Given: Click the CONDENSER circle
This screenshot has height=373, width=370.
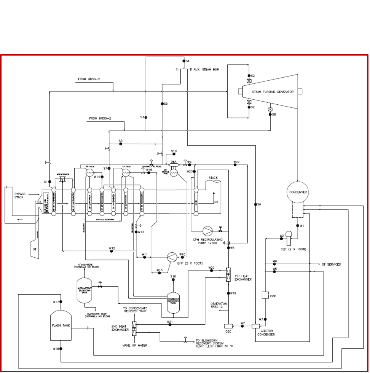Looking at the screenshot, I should click(x=298, y=192).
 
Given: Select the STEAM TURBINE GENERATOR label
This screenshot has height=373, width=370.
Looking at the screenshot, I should click(x=273, y=92).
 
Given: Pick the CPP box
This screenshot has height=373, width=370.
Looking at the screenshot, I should click(x=265, y=295).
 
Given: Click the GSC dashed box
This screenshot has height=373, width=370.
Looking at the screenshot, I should click(x=228, y=326).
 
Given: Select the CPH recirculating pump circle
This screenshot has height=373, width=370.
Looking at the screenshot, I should click(x=207, y=230).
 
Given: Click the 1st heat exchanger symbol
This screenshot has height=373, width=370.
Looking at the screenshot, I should click(x=228, y=274).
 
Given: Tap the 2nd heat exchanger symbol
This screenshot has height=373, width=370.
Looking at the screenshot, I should click(x=134, y=328).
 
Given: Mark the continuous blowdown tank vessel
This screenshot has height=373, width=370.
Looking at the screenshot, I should click(x=173, y=302).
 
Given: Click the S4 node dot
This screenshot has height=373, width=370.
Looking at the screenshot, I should click(x=183, y=61).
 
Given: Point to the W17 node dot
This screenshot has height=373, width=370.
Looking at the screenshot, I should click(x=61, y=302).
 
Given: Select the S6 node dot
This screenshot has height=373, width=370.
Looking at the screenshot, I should click(x=255, y=204).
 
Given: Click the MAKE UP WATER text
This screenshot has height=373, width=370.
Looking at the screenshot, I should click(x=134, y=346).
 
